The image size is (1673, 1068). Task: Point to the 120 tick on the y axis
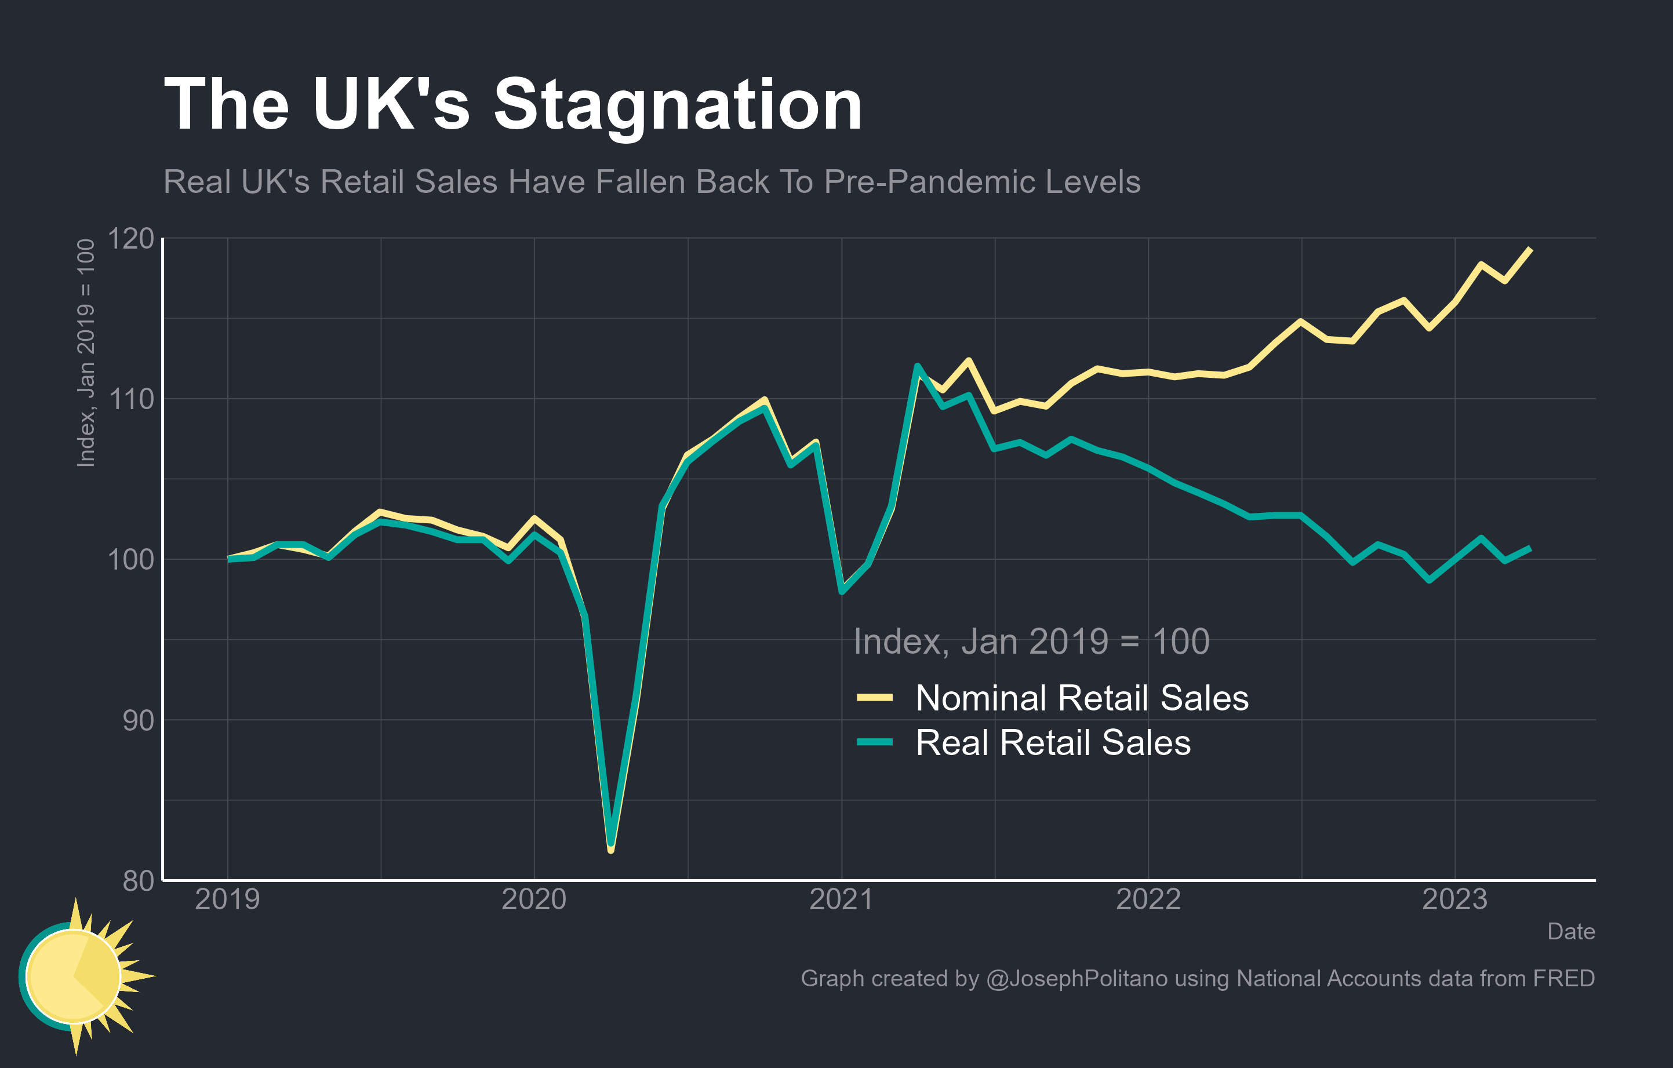point(130,239)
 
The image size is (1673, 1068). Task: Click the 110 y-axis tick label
point(130,399)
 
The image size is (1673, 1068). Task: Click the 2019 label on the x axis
point(227,900)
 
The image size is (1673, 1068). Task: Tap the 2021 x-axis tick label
point(841,900)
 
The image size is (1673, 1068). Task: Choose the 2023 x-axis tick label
point(1455,900)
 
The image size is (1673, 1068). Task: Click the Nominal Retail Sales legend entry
point(1082,698)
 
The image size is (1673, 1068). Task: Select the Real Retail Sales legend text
point(1053,743)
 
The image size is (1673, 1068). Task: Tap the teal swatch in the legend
point(875,742)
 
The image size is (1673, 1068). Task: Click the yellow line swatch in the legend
point(875,697)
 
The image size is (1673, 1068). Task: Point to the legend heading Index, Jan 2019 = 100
point(1031,641)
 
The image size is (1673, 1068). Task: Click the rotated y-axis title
point(85,353)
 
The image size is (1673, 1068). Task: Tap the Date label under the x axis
point(1571,931)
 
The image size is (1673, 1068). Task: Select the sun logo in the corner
point(80,976)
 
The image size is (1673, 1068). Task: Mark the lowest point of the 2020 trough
point(610,848)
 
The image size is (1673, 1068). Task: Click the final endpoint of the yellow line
point(1530,249)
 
